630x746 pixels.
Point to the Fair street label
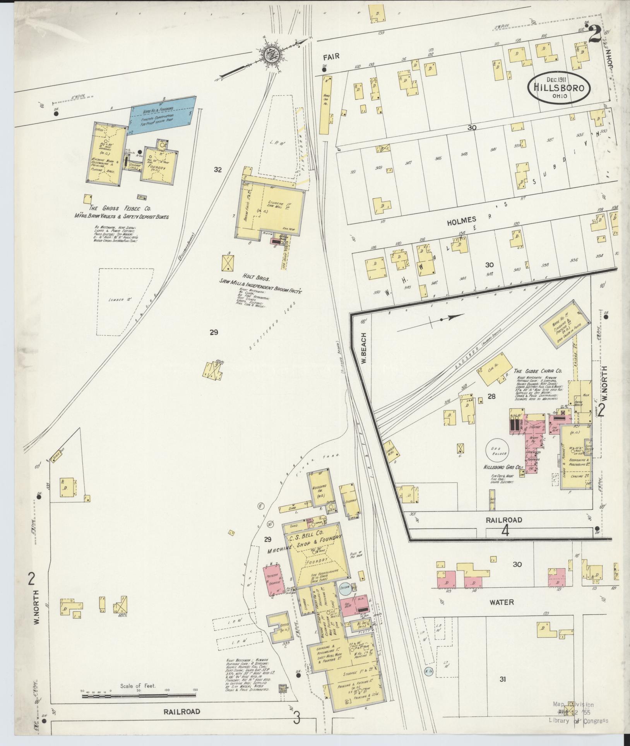(332, 57)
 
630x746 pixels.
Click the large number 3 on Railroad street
(296, 718)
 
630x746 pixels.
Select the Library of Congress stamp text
(578, 720)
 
